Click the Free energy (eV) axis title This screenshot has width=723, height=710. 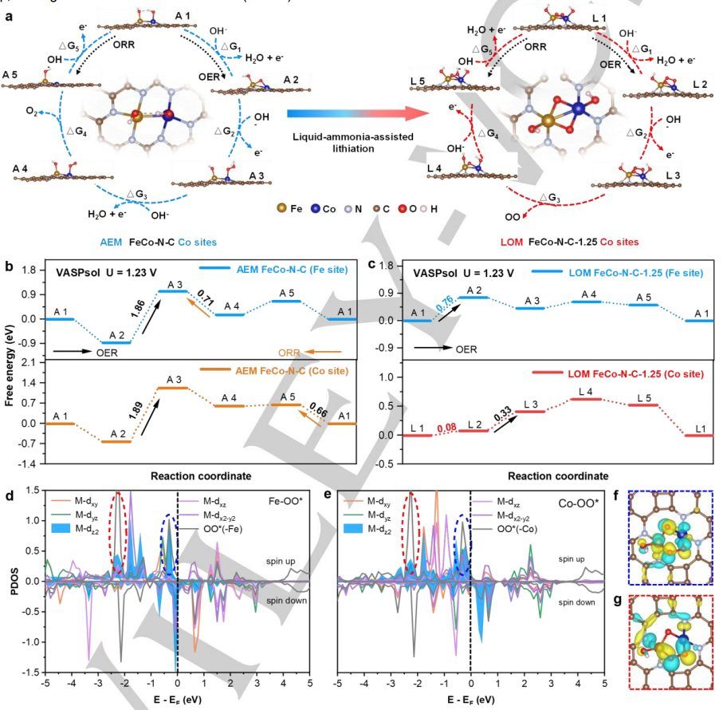pos(10,363)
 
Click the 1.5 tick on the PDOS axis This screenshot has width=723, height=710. pos(29,491)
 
